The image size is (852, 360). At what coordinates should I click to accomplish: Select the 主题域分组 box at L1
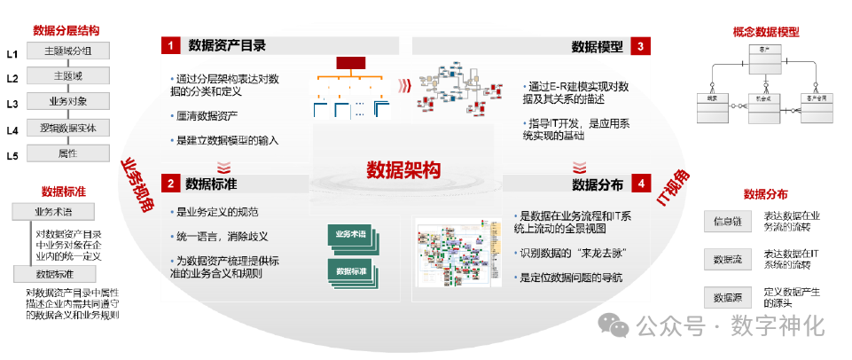tap(67, 51)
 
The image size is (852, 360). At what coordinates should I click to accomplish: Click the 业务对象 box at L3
tap(67, 101)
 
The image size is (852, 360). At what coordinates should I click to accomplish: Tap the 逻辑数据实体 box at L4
tap(67, 128)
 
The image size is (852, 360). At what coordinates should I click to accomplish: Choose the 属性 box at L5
tap(67, 153)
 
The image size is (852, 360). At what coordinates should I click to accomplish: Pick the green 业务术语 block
tap(352, 235)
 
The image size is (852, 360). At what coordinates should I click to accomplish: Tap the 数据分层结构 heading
tap(67, 31)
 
